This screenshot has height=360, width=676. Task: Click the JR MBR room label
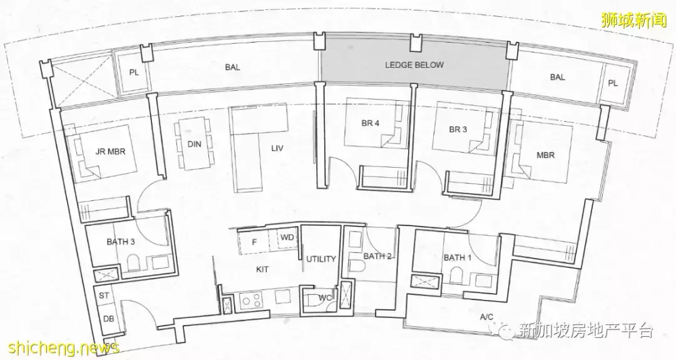[110, 152]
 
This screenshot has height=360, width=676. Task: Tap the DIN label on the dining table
[195, 144]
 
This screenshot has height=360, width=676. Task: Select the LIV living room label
[277, 148]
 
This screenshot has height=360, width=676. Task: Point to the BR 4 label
[371, 123]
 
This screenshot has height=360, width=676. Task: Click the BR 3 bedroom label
[458, 130]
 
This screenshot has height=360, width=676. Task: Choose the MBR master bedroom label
[545, 155]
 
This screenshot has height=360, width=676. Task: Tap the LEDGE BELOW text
[414, 65]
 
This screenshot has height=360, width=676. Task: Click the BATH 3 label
[121, 242]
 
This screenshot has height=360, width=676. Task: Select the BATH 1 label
[458, 258]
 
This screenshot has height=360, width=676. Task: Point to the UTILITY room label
[320, 259]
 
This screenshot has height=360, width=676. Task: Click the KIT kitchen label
[262, 269]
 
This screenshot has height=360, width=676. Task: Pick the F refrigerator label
[254, 242]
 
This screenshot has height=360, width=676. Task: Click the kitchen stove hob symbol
[248, 300]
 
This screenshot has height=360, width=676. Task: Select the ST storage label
[104, 296]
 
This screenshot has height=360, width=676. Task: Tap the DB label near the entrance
[109, 319]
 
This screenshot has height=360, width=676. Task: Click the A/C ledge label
[487, 317]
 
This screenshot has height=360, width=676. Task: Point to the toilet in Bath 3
[133, 262]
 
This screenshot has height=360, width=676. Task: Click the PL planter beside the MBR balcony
[613, 84]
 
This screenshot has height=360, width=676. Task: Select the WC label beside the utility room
[325, 297]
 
